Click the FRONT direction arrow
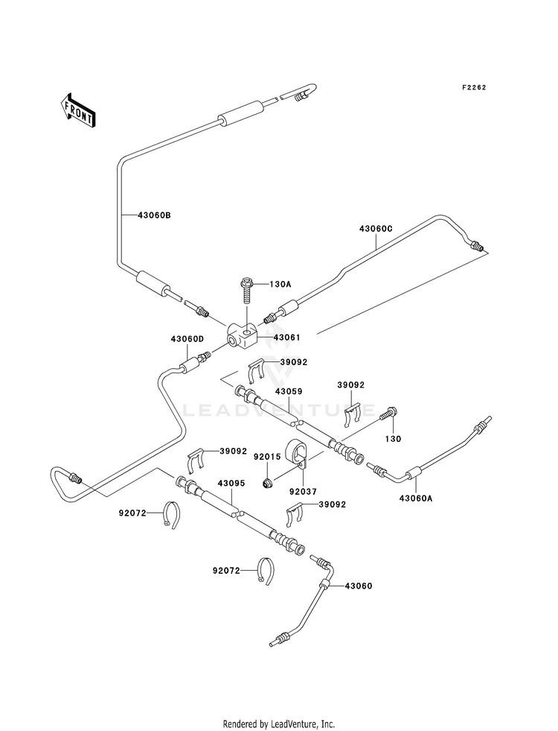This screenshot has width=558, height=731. pyautogui.click(x=77, y=110)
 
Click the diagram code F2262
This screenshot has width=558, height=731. pyautogui.click(x=474, y=87)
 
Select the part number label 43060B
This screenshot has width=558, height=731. pyautogui.click(x=154, y=215)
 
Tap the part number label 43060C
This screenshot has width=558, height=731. pyautogui.click(x=376, y=229)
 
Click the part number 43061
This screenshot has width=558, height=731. pyautogui.click(x=286, y=337)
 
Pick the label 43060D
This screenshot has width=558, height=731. pyautogui.click(x=187, y=339)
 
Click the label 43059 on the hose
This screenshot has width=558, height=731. pyautogui.click(x=289, y=391)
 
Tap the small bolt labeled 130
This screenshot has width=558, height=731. pyautogui.click(x=389, y=413)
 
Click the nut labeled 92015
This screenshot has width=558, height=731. pyautogui.click(x=268, y=484)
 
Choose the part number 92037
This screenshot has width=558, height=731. pyautogui.click(x=303, y=491)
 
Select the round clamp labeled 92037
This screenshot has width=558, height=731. pyautogui.click(x=295, y=452)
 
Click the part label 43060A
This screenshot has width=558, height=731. pyautogui.click(x=416, y=498)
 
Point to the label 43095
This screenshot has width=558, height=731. pyautogui.click(x=231, y=483)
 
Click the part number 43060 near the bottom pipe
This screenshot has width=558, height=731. pyautogui.click(x=359, y=586)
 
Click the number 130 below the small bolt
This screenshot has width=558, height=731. pyautogui.click(x=394, y=439)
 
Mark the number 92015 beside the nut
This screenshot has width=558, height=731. pyautogui.click(x=267, y=456)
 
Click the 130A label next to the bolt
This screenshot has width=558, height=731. pyautogui.click(x=280, y=284)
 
